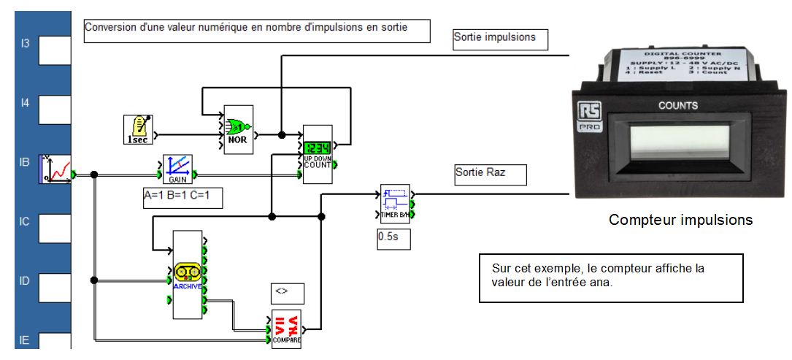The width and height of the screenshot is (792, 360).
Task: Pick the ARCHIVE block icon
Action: pos(187,275)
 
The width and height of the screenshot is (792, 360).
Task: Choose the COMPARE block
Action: pos(285,329)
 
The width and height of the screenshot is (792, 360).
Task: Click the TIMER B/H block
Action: pos(394,204)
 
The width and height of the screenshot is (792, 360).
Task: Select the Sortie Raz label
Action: pos(481,174)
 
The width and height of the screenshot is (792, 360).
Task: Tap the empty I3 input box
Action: pos(55,50)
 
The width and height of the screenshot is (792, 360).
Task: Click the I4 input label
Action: pos(25,104)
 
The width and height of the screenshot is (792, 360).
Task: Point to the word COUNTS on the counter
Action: pos(678,105)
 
